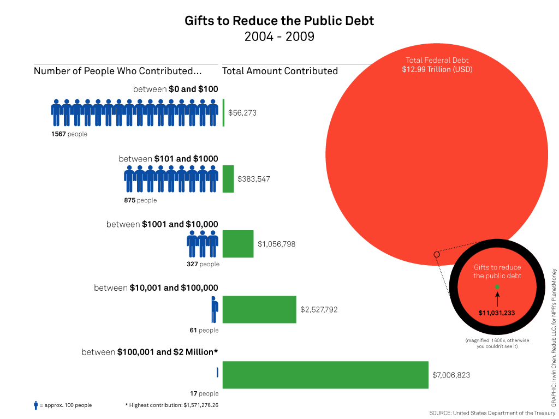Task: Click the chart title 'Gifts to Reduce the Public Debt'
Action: click(x=279, y=21)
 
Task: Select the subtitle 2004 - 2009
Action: click(x=279, y=37)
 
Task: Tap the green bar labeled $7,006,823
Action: click(x=325, y=375)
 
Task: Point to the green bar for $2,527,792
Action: click(x=259, y=309)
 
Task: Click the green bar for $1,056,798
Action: click(x=238, y=244)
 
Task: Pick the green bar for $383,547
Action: click(x=228, y=179)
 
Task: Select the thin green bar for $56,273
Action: click(x=223, y=113)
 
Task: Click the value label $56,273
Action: click(x=242, y=113)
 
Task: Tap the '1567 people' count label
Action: click(x=69, y=134)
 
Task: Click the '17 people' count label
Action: click(x=204, y=393)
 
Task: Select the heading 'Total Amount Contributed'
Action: click(x=280, y=71)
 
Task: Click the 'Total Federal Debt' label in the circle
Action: click(x=437, y=61)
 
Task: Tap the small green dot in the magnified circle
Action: click(x=497, y=286)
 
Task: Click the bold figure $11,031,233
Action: click(x=497, y=313)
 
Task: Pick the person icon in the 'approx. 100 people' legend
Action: click(x=36, y=405)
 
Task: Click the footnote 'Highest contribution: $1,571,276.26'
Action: click(x=171, y=405)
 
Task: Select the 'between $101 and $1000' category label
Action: click(x=168, y=159)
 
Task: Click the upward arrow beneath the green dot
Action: click(x=497, y=298)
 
